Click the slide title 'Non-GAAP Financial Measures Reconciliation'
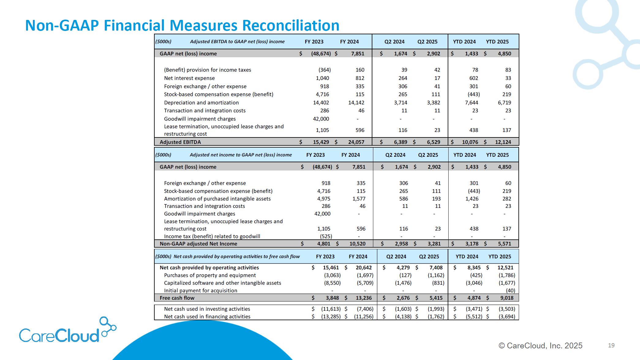[182, 25]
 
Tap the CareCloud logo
[67, 331]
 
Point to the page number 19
[611, 345]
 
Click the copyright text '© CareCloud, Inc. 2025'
[540, 346]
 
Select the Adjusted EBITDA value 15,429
[321, 142]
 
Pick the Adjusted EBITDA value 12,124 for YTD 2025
[503, 142]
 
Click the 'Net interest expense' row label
[189, 78]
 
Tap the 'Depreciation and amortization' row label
[201, 103]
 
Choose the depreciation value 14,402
[321, 103]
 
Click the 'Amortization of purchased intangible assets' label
[217, 199]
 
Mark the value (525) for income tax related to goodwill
[326, 236]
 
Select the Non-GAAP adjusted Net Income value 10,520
[357, 244]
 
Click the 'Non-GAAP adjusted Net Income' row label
[198, 244]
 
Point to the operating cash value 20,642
[363, 268]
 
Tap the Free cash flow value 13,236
[363, 298]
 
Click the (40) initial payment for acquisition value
[510, 291]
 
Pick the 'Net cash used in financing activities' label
[207, 317]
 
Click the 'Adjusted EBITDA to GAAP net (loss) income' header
[237, 42]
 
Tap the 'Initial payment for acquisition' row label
[201, 291]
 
